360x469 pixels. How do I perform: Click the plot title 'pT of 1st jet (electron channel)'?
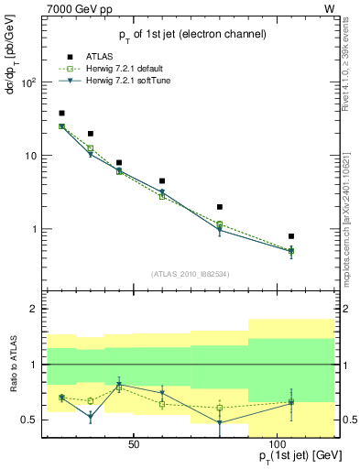point(191,34)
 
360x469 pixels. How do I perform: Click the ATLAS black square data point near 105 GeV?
point(290,236)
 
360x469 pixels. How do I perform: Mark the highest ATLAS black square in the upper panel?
point(61,114)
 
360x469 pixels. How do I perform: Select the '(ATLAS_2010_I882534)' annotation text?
point(190,275)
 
